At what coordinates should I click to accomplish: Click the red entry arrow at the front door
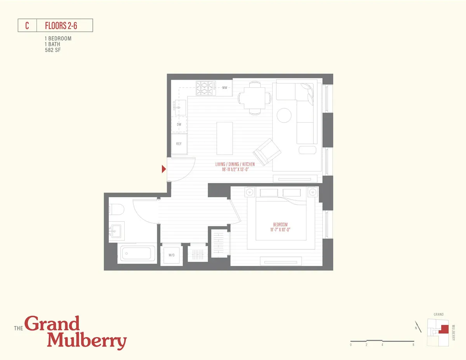click(x=164, y=169)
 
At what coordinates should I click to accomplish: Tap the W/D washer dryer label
click(x=171, y=255)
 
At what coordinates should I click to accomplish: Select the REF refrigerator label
click(x=179, y=144)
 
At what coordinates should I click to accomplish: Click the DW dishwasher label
click(x=179, y=125)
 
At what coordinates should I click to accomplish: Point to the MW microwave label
click(x=224, y=88)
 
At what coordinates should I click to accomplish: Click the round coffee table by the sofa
click(x=284, y=115)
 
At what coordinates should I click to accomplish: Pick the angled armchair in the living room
click(x=268, y=151)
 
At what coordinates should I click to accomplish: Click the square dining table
click(x=254, y=97)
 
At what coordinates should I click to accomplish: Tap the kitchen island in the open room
click(x=225, y=138)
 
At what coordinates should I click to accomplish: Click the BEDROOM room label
click(x=280, y=225)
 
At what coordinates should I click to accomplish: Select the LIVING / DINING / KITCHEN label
click(x=235, y=165)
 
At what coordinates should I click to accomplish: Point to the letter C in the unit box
click(x=27, y=26)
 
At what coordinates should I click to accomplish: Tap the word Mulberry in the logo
click(x=87, y=341)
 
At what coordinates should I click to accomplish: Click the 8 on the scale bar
click(x=413, y=344)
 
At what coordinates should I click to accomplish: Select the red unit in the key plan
click(x=443, y=329)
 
